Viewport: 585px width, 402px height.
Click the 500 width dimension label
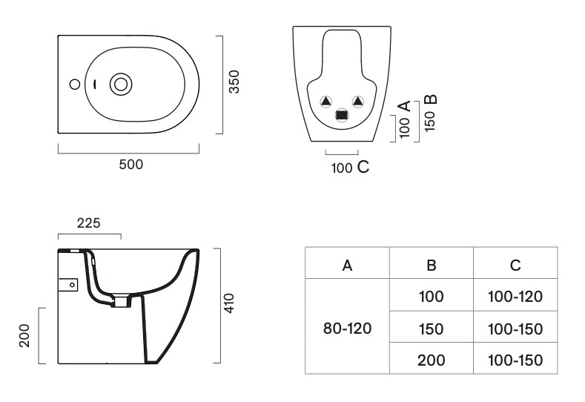coord(131,165)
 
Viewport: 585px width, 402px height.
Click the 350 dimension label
coord(234,82)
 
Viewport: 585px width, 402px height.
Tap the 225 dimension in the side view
coord(89,223)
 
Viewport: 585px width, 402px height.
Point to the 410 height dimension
coord(228,303)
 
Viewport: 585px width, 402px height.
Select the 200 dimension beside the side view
coord(24,335)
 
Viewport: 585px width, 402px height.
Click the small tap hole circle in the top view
coord(75,85)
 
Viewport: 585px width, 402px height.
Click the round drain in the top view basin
coord(121,85)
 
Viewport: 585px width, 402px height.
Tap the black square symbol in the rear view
coord(341,115)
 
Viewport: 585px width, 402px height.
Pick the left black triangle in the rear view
coord(325,101)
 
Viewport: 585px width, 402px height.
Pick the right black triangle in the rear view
coord(358,101)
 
